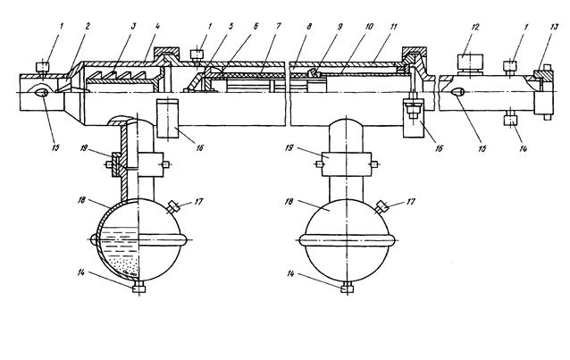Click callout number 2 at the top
(x=88, y=26)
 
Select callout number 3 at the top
(x=133, y=26)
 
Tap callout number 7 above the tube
(x=279, y=26)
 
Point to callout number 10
(x=369, y=26)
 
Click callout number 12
(x=475, y=27)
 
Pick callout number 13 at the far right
(x=555, y=27)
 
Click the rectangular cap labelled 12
(x=470, y=62)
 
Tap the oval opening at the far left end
(x=41, y=92)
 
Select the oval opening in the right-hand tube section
(x=457, y=92)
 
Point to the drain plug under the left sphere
(x=138, y=288)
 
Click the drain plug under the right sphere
(x=348, y=288)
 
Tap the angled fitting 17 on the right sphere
(x=381, y=207)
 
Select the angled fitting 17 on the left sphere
(x=173, y=207)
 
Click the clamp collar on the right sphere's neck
(x=347, y=164)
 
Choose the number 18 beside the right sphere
(x=289, y=201)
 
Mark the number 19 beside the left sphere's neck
(x=84, y=148)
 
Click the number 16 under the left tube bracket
(x=199, y=147)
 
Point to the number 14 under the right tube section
(x=524, y=148)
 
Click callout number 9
(x=339, y=26)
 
